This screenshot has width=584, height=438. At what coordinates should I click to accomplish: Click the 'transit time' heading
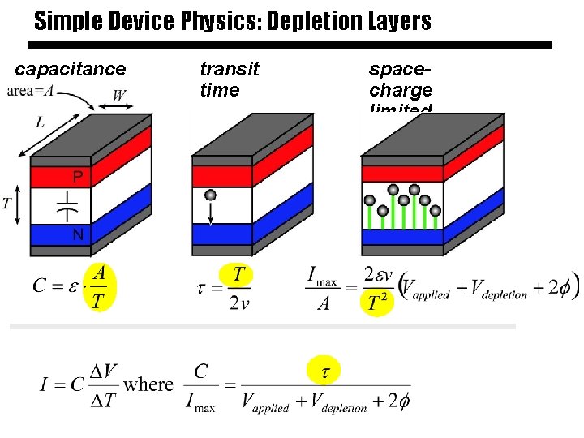(230, 79)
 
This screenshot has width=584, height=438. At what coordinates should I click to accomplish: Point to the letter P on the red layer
(78, 176)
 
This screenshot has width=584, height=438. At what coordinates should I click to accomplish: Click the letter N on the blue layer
(78, 235)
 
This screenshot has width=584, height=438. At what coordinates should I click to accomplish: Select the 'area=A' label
(30, 91)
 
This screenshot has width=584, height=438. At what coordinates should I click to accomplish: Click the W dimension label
(118, 96)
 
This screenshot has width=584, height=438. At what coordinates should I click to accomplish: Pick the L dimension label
(40, 123)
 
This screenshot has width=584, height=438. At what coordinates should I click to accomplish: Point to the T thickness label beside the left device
(7, 203)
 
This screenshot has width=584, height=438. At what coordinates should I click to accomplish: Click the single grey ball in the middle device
(210, 195)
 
